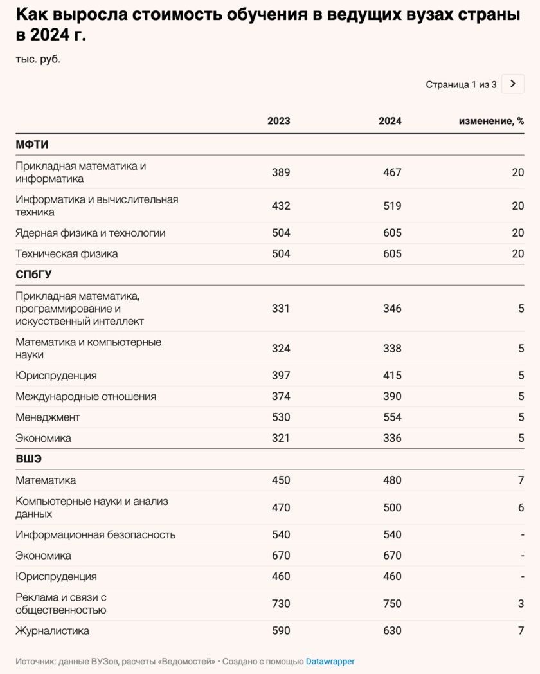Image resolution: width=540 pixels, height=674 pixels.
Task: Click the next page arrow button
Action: point(512,84)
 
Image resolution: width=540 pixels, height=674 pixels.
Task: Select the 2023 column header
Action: point(279,121)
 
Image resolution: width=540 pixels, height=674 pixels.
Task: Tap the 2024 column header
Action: point(390,121)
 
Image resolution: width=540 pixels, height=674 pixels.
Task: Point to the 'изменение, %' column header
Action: point(491,121)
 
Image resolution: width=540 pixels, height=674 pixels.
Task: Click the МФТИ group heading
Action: point(32,145)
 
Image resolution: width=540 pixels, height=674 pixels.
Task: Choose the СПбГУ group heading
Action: point(33,275)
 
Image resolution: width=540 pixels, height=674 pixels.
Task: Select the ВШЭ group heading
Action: point(29,459)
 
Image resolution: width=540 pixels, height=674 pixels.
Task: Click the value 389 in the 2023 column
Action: point(281,172)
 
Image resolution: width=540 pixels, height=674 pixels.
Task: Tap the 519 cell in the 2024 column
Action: point(392,206)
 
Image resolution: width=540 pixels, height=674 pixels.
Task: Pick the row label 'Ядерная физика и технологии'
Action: point(91,233)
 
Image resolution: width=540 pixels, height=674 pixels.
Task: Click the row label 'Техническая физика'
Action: point(67,253)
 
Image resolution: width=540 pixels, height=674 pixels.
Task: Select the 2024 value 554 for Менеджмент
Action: point(392,417)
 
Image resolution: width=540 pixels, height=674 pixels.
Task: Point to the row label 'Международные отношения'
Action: point(86,396)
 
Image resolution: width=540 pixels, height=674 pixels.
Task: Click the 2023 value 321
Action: point(281,438)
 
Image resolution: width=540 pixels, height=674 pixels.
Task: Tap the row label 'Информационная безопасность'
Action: point(96,534)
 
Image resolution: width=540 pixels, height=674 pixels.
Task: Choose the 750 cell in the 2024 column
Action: point(392,603)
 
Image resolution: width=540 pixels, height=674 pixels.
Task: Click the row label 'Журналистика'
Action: point(53,631)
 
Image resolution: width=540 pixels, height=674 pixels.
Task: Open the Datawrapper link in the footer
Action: point(330,661)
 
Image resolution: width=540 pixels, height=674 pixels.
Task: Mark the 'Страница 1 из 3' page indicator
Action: point(461,84)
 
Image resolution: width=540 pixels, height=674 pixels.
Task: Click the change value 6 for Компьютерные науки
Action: point(521,507)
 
